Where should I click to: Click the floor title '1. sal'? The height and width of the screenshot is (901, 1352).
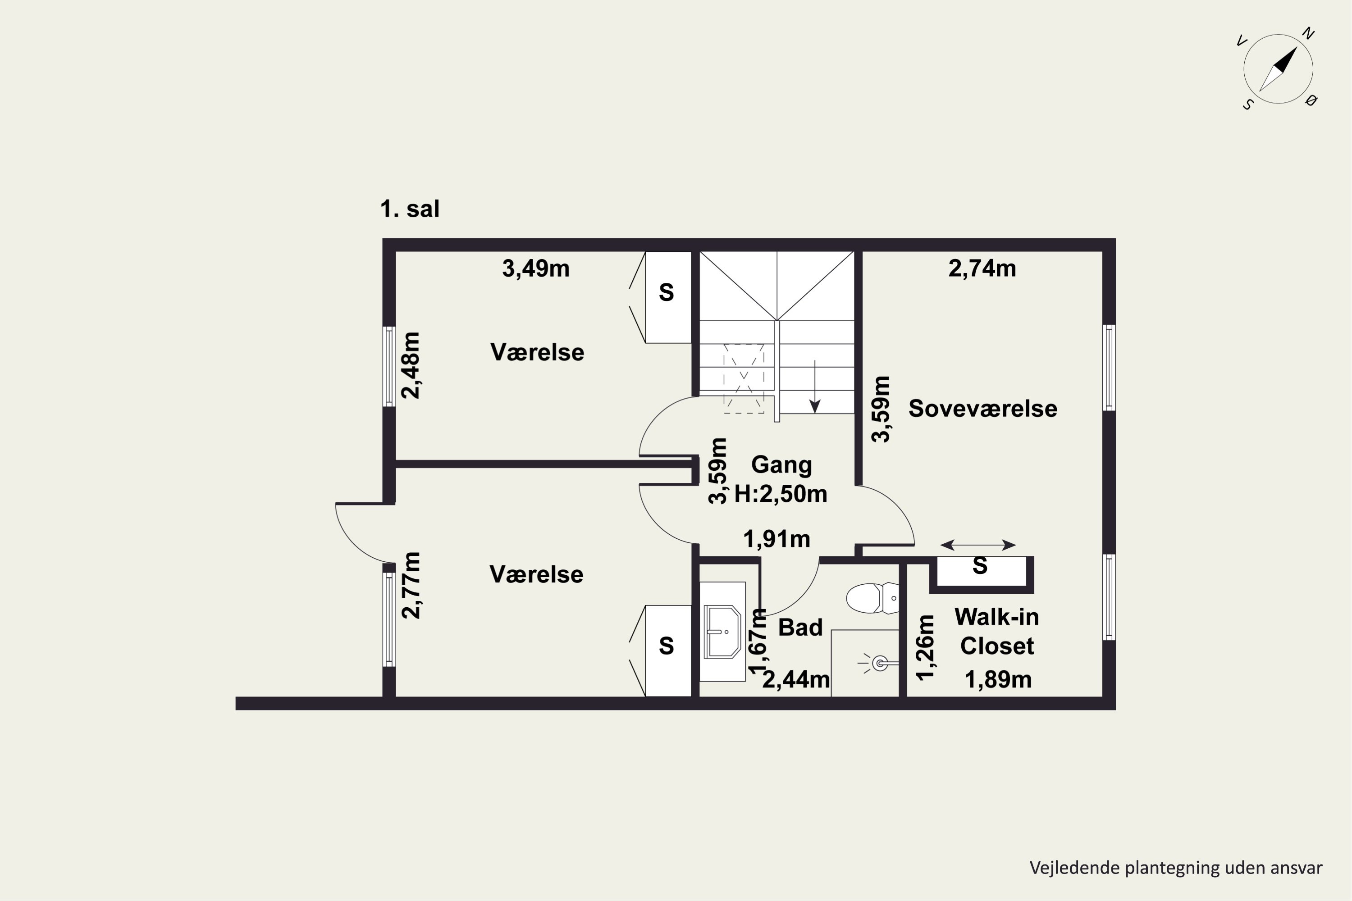(x=410, y=209)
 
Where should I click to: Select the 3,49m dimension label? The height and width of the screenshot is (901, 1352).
(x=536, y=268)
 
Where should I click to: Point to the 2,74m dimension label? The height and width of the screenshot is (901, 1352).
(x=982, y=268)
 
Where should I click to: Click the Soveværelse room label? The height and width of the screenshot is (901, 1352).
(x=983, y=409)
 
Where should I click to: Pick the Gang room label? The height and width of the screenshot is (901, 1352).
(x=781, y=465)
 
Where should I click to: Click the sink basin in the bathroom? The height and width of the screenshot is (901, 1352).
(x=722, y=631)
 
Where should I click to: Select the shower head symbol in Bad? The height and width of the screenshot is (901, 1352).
(x=878, y=664)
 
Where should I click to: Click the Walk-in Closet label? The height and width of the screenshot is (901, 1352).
(x=997, y=632)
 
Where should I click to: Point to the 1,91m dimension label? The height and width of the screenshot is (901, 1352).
(x=776, y=539)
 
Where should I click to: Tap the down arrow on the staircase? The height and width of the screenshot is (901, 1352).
(x=814, y=386)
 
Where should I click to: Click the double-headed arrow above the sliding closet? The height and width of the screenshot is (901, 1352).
(x=978, y=545)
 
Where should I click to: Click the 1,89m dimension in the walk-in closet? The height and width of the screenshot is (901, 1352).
(x=998, y=680)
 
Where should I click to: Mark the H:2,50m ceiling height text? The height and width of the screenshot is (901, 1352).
(x=781, y=494)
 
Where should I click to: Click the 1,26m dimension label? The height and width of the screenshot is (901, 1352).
(x=925, y=648)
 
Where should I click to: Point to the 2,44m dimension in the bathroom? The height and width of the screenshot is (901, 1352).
(x=796, y=680)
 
